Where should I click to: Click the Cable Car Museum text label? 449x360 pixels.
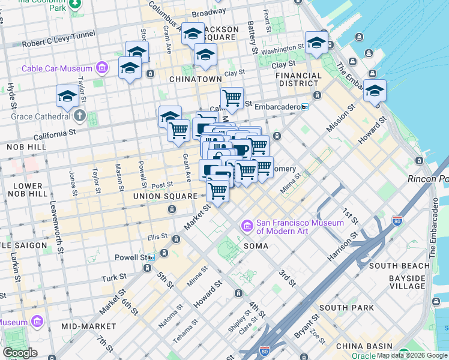(57, 68)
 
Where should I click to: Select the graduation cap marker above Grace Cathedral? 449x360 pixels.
(67, 96)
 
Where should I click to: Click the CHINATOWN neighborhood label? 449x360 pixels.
(195, 79)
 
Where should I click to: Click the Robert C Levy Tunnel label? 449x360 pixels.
(58, 40)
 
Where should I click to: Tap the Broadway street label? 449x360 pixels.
(209, 13)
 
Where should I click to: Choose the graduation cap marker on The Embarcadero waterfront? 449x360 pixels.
(375, 91)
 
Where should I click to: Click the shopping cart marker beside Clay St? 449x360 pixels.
(232, 97)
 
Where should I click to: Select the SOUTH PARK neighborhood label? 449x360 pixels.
(347, 308)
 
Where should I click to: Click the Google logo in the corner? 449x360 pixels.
(20, 353)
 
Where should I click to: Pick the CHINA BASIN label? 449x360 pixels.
(364, 346)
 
